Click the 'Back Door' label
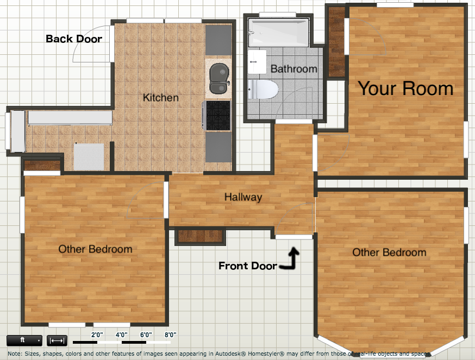pyautogui.click(x=74, y=39)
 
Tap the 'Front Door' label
pyautogui.click(x=247, y=266)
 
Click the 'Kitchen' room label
pyautogui.click(x=160, y=98)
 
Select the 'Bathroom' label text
pyautogui.click(x=293, y=69)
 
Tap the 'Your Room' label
pyautogui.click(x=405, y=89)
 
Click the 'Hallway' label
pyautogui.click(x=243, y=197)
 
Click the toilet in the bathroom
pyautogui.click(x=263, y=89)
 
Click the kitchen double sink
pyautogui.click(x=218, y=79)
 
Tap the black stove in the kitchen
pyautogui.click(x=217, y=116)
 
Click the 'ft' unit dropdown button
pyautogui.click(x=24, y=340)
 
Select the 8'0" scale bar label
pyautogui.click(x=171, y=334)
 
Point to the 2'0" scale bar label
pyautogui.click(x=97, y=334)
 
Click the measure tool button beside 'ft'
pyautogui.click(x=57, y=340)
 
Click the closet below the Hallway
pyautogui.click(x=201, y=236)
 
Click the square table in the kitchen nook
pyautogui.click(x=89, y=156)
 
